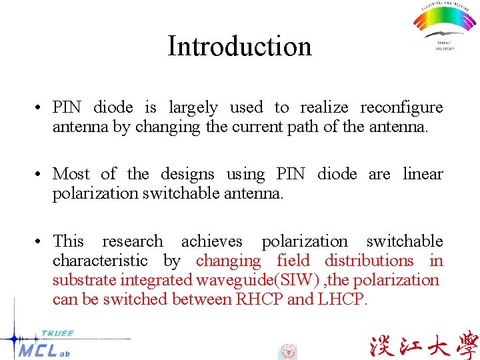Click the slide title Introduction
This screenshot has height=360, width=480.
(239, 46)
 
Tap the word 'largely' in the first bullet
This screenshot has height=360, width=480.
(193, 107)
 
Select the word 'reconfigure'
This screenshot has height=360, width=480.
(401, 107)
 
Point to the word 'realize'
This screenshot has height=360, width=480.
(325, 107)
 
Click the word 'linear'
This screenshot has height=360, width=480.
(423, 174)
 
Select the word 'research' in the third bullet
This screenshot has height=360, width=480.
(132, 241)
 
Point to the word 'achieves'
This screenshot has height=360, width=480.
(212, 241)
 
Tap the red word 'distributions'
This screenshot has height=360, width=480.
(369, 260)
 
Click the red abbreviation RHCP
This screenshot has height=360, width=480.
(259, 299)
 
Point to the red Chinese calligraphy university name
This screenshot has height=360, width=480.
(423, 345)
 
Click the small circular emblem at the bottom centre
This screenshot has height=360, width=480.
(287, 351)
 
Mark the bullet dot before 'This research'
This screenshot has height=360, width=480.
(41, 241)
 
